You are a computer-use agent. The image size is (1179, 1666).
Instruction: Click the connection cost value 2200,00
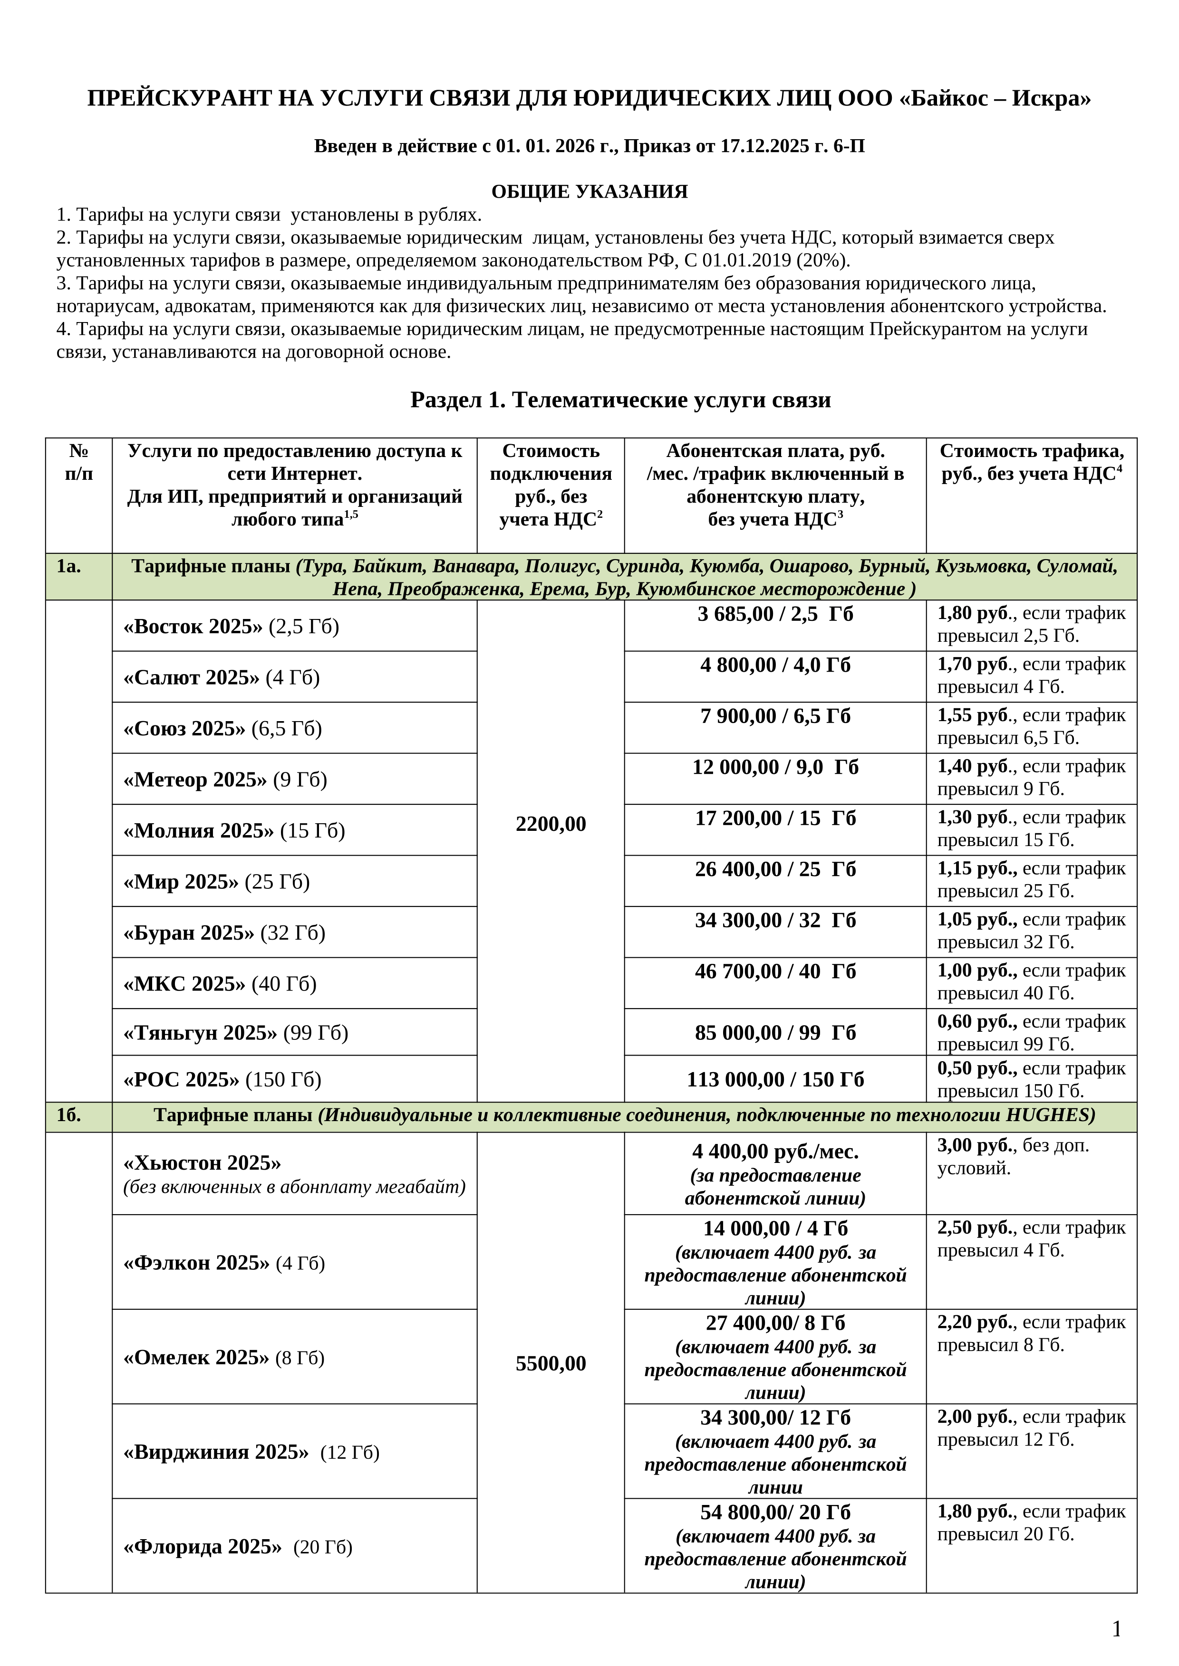[551, 824]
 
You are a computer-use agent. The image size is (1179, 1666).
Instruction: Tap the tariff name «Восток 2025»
[193, 626]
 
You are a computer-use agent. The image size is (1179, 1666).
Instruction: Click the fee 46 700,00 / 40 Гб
[774, 971]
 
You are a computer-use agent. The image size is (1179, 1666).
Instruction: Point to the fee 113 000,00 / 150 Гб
[774, 1080]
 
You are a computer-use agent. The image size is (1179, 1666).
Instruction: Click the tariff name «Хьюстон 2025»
[203, 1163]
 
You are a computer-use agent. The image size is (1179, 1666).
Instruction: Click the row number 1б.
[69, 1115]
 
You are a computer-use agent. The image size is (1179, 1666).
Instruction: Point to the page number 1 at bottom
[1117, 1630]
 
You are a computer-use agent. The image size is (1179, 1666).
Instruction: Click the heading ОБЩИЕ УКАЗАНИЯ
[589, 191]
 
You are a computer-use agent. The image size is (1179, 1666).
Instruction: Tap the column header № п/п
[78, 462]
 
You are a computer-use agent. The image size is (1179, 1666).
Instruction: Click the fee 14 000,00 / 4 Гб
[774, 1228]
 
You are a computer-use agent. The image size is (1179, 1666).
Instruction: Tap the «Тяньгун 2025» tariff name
[200, 1033]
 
